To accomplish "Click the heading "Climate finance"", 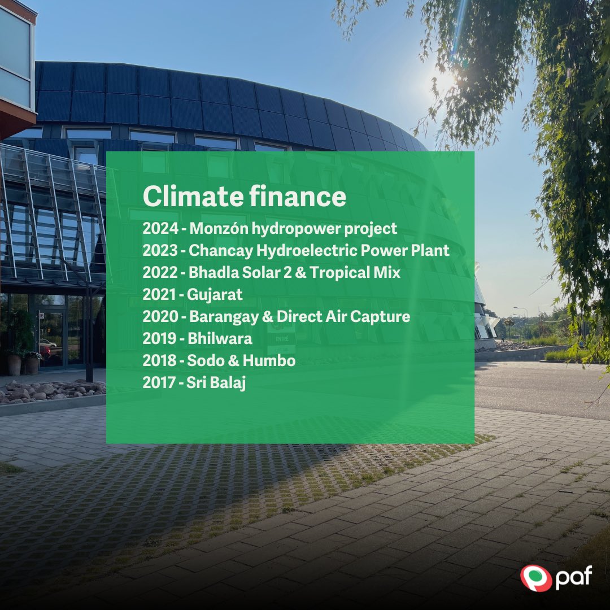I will pyautogui.click(x=244, y=197).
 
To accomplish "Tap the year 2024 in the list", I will pyautogui.click(x=159, y=229).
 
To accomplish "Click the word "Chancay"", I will pyautogui.click(x=215, y=251).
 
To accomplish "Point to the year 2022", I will pyautogui.click(x=159, y=273).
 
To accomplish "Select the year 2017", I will pyautogui.click(x=159, y=382).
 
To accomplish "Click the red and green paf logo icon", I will pyautogui.click(x=533, y=579).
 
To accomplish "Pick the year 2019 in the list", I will pyautogui.click(x=159, y=339).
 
